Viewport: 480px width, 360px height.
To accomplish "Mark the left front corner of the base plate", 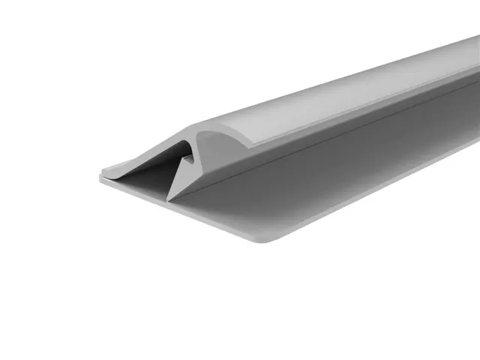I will (100, 179).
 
